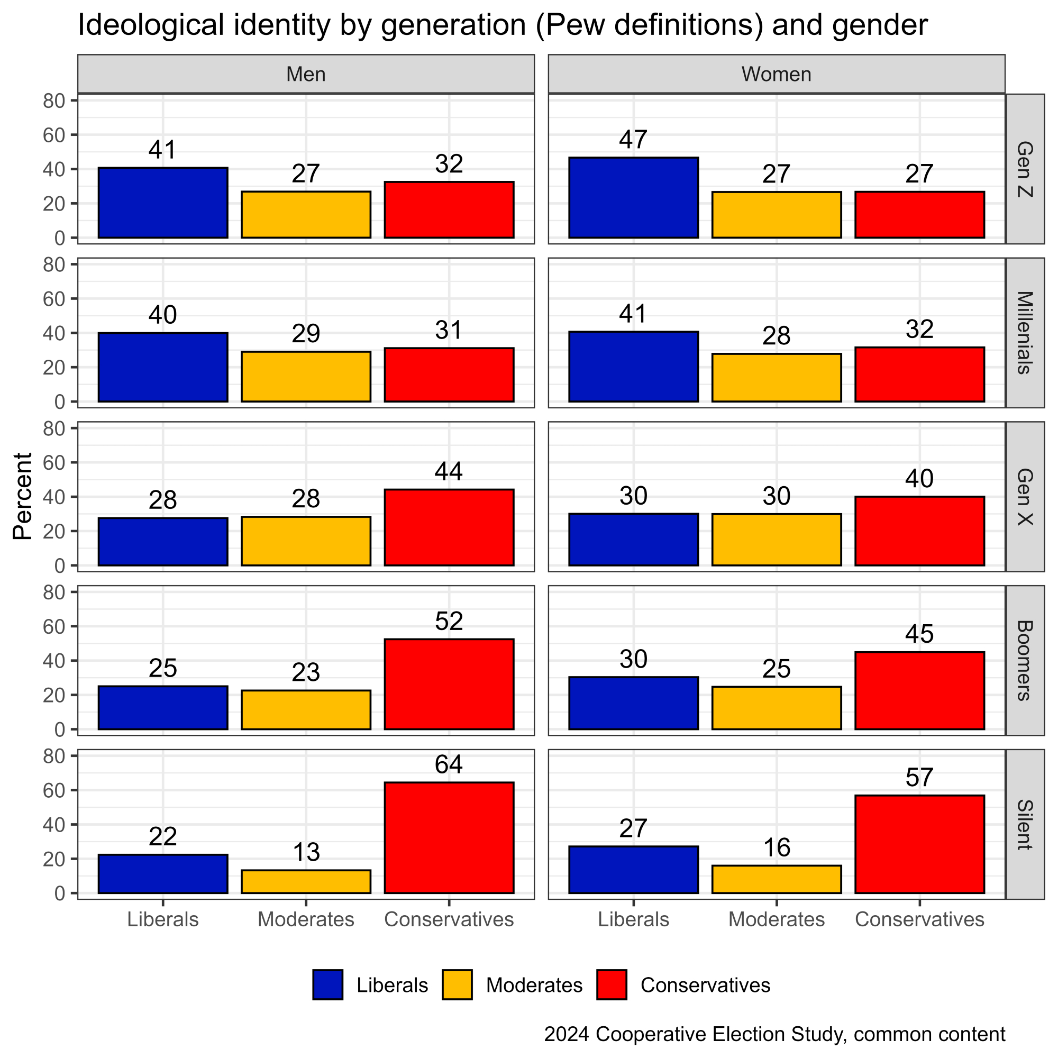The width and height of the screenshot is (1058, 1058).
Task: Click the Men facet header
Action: pyautogui.click(x=306, y=74)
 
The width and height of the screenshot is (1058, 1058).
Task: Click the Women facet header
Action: pyautogui.click(x=776, y=74)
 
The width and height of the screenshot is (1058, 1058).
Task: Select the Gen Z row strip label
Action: pyautogui.click(x=1025, y=169)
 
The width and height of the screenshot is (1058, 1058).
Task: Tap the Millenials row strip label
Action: pyautogui.click(x=1025, y=332)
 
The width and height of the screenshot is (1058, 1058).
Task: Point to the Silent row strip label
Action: pyautogui.click(x=1025, y=825)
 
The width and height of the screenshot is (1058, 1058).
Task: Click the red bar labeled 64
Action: pyautogui.click(x=449, y=837)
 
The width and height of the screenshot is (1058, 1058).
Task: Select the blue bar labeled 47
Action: pyautogui.click(x=634, y=198)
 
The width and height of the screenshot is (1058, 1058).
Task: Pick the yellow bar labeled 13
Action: pyautogui.click(x=306, y=881)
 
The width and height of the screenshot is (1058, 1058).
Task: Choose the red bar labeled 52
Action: pyautogui.click(x=449, y=684)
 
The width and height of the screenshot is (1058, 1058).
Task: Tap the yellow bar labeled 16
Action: pyautogui.click(x=776, y=879)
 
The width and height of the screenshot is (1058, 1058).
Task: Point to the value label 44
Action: pyautogui.click(x=449, y=471)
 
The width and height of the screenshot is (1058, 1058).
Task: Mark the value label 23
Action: pyautogui.click(x=306, y=672)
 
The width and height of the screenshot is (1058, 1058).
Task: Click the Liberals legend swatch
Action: pyautogui.click(x=328, y=985)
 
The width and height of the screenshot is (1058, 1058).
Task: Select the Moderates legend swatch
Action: pyautogui.click(x=457, y=985)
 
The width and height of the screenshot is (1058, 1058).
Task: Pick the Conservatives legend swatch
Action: pyautogui.click(x=612, y=985)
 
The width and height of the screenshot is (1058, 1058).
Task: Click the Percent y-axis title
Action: pyautogui.click(x=22, y=496)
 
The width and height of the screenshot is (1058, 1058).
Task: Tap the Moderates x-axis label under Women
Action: pyautogui.click(x=776, y=919)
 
